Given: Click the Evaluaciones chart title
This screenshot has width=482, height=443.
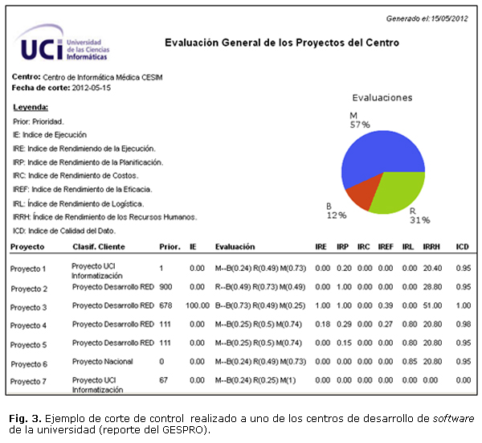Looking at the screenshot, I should point(382,97).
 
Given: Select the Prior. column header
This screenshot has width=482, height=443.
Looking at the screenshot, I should point(170,247).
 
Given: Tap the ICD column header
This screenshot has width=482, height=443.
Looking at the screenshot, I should point(462,247).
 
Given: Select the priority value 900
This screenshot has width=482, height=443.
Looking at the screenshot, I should point(166,287).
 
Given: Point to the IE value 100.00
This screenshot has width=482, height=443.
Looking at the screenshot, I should point(197,306).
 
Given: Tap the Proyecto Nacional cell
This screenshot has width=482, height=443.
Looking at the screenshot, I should point(102,363).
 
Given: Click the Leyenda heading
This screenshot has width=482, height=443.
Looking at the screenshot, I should point(31,107).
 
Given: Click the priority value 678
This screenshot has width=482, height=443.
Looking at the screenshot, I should point(166,306).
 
